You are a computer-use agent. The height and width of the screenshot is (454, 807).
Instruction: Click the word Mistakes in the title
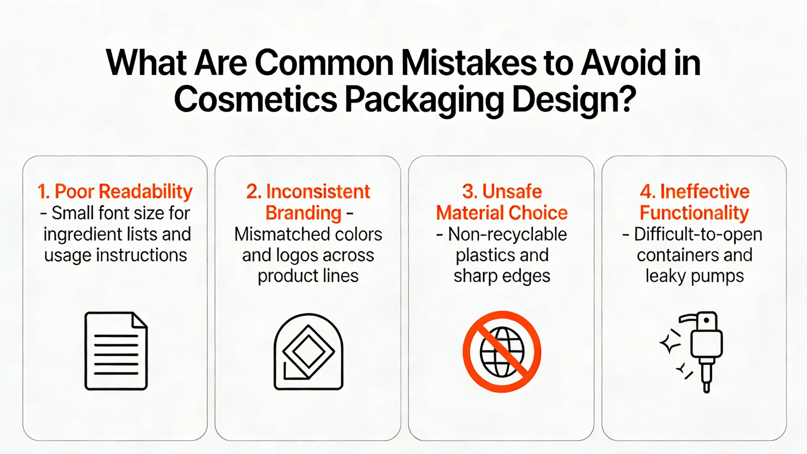[469, 63]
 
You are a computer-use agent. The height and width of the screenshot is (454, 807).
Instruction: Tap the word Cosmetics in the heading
[256, 100]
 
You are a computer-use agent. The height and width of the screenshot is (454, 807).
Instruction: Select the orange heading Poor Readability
[124, 192]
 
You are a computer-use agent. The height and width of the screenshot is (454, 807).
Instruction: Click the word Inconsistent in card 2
[318, 192]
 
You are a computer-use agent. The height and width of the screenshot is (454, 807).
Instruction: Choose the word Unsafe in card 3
[512, 192]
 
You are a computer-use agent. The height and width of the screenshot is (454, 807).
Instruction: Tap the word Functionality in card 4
[694, 214]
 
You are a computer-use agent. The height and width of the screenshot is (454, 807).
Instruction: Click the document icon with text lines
[116, 351]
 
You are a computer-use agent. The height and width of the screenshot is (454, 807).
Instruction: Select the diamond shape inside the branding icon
[309, 351]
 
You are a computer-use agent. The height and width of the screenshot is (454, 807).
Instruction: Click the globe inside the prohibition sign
[502, 351]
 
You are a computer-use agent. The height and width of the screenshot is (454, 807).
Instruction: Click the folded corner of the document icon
[140, 320]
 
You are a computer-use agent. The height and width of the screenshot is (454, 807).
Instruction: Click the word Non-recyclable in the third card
[507, 234]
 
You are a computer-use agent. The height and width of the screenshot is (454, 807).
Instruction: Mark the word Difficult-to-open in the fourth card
[698, 234]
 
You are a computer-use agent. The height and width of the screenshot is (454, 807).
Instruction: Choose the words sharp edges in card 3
[502, 277]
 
